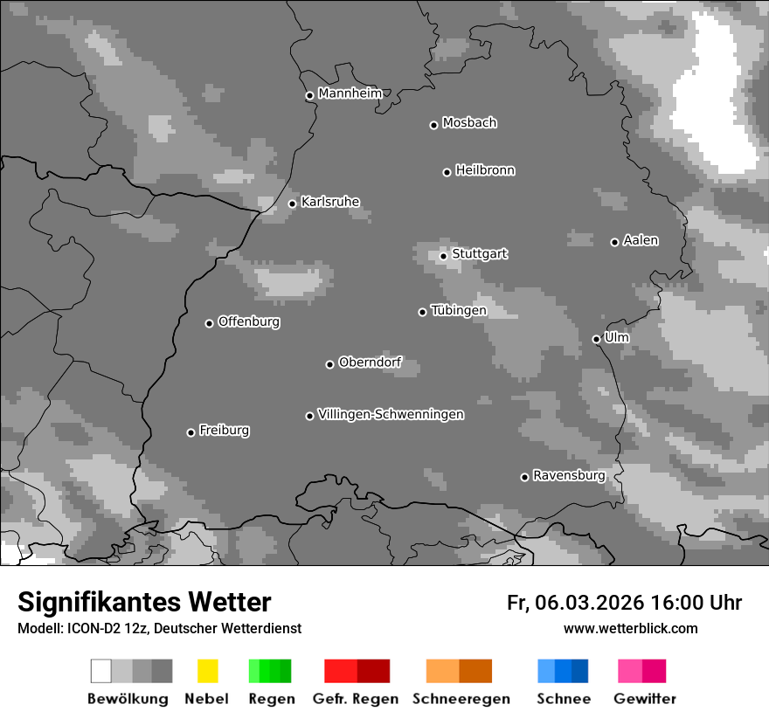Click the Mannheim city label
[x=350, y=93]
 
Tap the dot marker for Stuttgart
[x=444, y=256]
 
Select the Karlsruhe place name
[x=329, y=202]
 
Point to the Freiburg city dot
[x=191, y=432]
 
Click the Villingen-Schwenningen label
[x=391, y=414]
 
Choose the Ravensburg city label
[x=568, y=475]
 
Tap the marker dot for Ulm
[x=596, y=339]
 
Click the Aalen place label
[x=641, y=240]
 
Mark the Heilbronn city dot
[x=447, y=172]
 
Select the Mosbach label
[x=468, y=123]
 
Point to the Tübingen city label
[x=458, y=310]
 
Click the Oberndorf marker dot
[x=329, y=364]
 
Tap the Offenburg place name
[x=248, y=321]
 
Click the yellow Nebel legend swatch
[x=207, y=671]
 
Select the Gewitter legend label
[x=644, y=699]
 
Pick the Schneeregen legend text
[x=461, y=699]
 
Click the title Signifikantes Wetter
[x=144, y=602]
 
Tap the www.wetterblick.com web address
[x=630, y=628]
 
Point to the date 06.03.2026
[x=590, y=603]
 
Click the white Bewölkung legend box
[x=100, y=671]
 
